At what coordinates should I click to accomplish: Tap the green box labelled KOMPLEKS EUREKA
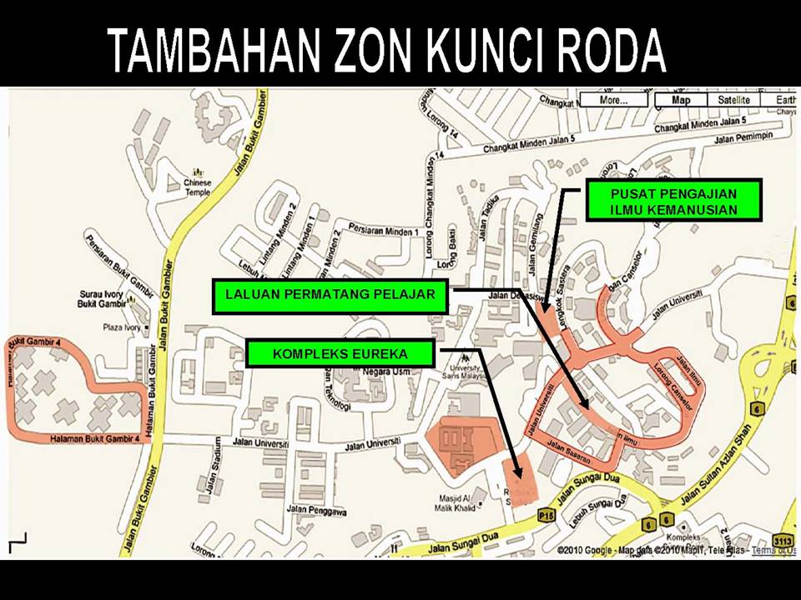340,354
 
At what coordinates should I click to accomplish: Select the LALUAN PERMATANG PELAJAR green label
330,295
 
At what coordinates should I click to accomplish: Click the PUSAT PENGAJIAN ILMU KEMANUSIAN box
673,201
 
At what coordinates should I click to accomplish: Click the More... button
614,100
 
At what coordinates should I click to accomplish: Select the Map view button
681,100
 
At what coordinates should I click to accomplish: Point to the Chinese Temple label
198,187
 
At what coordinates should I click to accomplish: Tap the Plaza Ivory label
120,328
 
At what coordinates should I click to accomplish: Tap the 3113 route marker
782,540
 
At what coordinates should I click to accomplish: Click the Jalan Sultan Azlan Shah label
717,467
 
